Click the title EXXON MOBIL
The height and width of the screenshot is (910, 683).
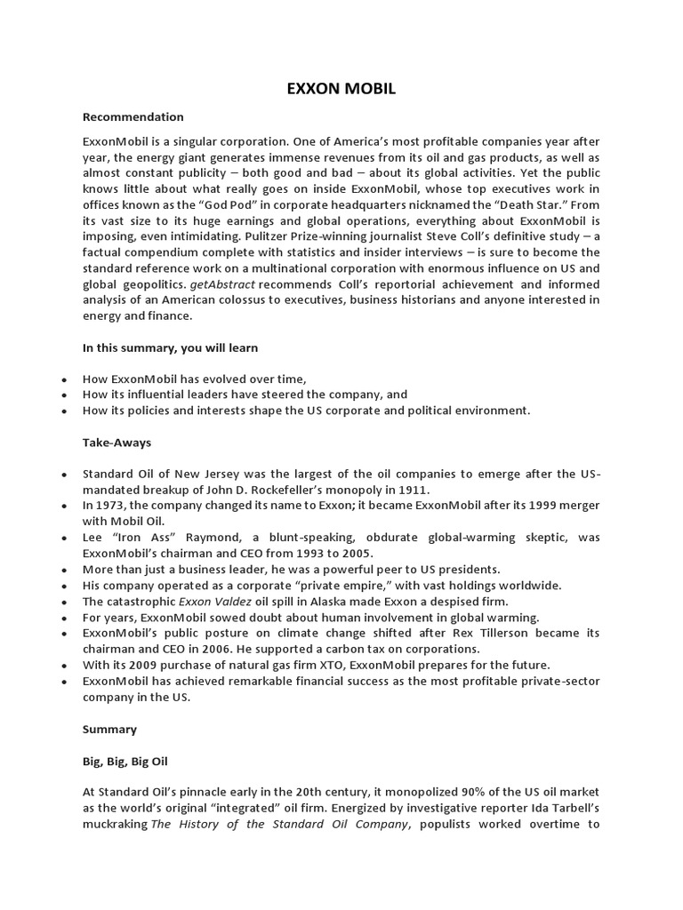pos(341,90)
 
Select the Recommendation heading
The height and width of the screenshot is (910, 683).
pos(133,116)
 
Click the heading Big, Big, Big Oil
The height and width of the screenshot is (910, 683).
pos(125,762)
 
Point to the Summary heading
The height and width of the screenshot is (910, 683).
pos(109,729)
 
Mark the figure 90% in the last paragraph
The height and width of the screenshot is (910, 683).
pos(470,792)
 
